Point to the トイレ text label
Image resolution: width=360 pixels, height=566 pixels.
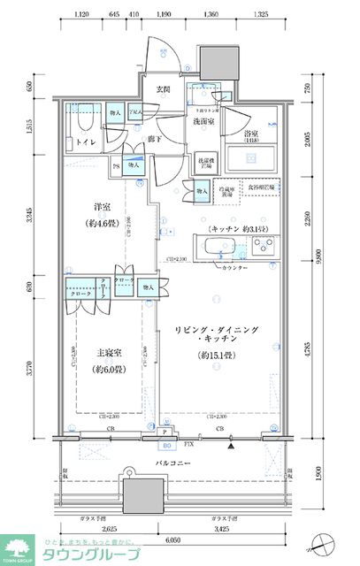[x=85, y=141]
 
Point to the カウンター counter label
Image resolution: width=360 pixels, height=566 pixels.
[x=235, y=266]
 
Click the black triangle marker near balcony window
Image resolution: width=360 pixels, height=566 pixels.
[x=232, y=447]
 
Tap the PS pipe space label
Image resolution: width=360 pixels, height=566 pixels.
[x=116, y=166]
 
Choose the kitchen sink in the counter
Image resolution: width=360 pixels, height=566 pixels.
[x=218, y=247]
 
